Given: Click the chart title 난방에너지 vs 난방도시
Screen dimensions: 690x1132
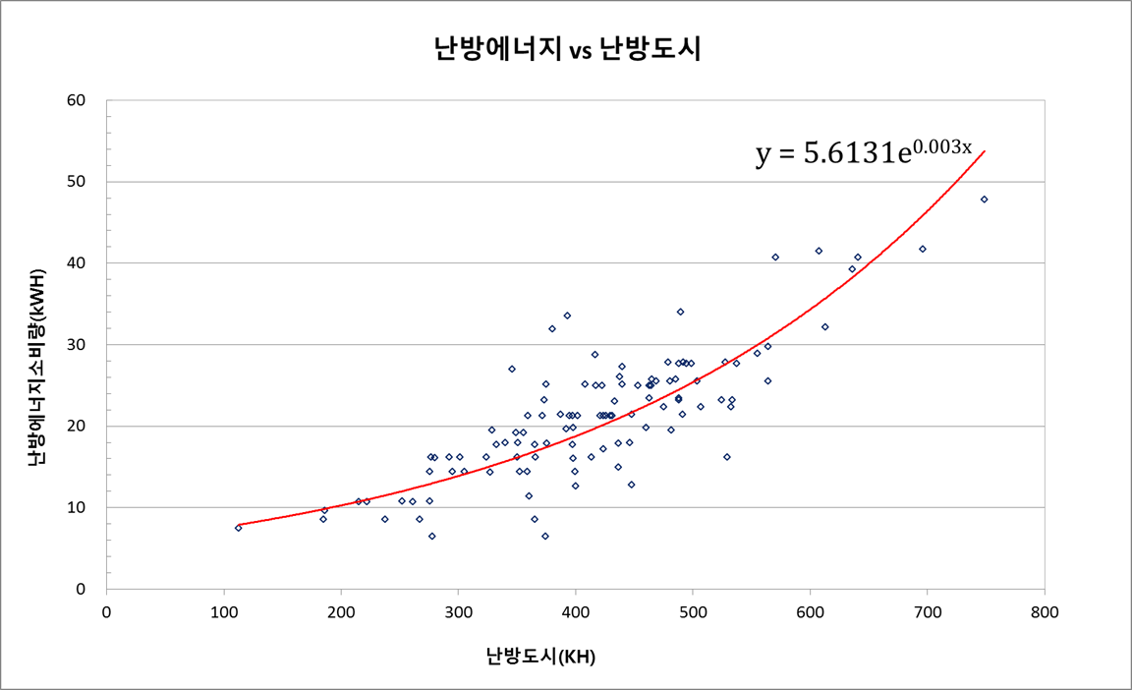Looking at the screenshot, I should (567, 50).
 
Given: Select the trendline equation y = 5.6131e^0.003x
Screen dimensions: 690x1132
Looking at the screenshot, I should (863, 152).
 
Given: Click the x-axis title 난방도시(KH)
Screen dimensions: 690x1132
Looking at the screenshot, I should (540, 657).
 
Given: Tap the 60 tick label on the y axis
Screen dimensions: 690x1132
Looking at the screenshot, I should (76, 100).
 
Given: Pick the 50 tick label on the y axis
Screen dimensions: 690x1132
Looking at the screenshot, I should (76, 182).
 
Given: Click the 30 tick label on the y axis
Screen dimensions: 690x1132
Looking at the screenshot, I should (76, 345).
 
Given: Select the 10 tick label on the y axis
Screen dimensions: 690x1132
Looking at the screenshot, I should (76, 508).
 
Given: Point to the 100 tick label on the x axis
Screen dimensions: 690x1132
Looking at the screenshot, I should (224, 610).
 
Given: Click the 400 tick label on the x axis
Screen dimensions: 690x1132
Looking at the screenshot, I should (576, 610).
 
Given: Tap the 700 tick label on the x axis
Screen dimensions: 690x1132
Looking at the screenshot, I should (928, 610).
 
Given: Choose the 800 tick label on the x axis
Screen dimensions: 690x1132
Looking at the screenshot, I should (1045, 610).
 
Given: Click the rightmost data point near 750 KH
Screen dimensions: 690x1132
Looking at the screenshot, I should (984, 200).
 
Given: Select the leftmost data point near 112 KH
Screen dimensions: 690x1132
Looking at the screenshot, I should (238, 528).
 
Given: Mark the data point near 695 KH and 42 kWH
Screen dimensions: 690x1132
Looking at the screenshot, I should (922, 249).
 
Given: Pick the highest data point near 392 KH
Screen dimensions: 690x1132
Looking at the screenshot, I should (567, 316).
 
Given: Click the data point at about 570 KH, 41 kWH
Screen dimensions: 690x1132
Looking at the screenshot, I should (775, 257).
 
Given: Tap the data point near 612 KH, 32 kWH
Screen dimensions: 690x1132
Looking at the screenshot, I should (824, 326).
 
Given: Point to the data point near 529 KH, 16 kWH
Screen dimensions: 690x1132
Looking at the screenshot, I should (727, 457).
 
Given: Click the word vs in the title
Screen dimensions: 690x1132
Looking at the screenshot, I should (580, 52).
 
